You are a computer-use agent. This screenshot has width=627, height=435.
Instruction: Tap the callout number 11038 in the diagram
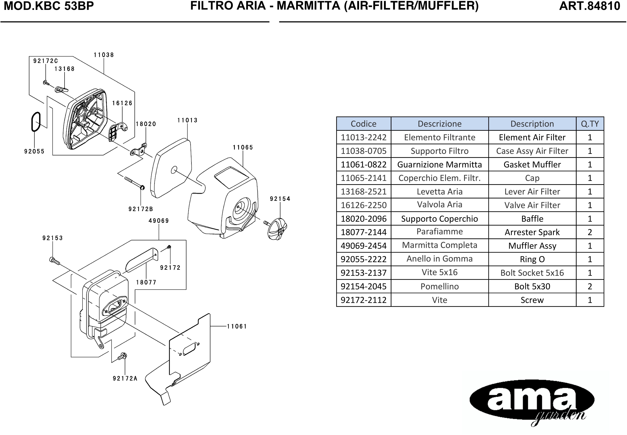(104, 55)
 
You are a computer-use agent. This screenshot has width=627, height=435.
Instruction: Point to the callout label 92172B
(141, 209)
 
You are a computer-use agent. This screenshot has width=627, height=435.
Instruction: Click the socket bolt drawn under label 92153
(55, 261)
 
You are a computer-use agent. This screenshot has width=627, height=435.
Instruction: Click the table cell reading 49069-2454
(364, 246)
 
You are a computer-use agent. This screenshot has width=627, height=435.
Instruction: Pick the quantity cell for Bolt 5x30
(590, 286)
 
